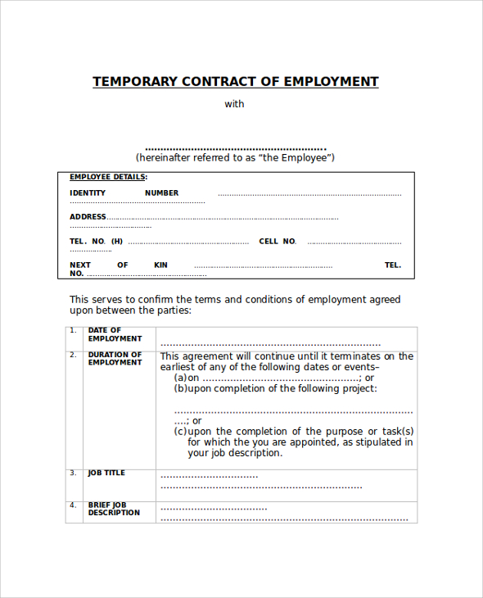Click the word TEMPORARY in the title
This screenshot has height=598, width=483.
pyautogui.click(x=133, y=82)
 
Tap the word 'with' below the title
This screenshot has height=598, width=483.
pyautogui.click(x=235, y=104)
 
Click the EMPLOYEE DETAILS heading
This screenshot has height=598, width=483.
pyautogui.click(x=108, y=177)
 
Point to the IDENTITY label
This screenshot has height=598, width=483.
pyautogui.click(x=88, y=193)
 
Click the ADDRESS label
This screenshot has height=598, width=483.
pyautogui.click(x=88, y=217)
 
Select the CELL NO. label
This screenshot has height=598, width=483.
pyautogui.click(x=278, y=242)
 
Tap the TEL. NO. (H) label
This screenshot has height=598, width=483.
pyautogui.click(x=96, y=242)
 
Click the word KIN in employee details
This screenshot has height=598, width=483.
pyautogui.click(x=160, y=265)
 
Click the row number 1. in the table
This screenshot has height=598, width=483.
pyautogui.click(x=73, y=331)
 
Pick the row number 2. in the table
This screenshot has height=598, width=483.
pyautogui.click(x=73, y=356)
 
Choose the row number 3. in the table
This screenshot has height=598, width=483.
pyautogui.click(x=73, y=473)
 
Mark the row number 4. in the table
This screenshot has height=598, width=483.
pyautogui.click(x=73, y=505)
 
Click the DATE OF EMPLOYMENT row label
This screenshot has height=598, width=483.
pyautogui.click(x=115, y=334)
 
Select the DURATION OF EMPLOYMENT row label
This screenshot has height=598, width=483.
pyautogui.click(x=115, y=359)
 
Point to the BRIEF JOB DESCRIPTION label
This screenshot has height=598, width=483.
pyautogui.click(x=114, y=509)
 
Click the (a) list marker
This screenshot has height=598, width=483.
pyautogui.click(x=180, y=378)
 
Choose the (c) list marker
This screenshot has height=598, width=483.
pyautogui.click(x=180, y=432)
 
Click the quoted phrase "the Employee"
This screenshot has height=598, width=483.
pyautogui.click(x=295, y=157)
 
